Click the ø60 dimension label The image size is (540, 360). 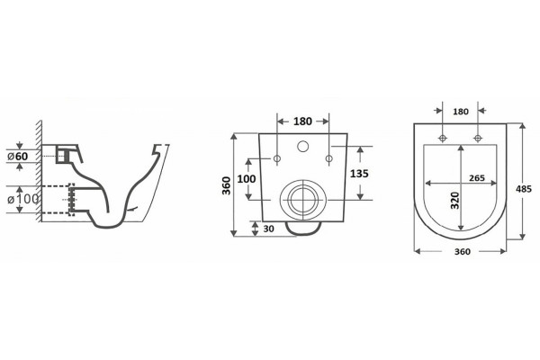[18, 156]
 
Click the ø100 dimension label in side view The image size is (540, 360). [23, 199]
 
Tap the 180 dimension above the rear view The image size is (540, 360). [302, 121]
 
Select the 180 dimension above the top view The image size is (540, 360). [461, 112]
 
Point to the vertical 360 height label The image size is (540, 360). [226, 185]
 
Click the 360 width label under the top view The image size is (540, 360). [463, 252]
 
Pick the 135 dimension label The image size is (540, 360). [359, 174]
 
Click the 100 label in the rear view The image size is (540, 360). [247, 179]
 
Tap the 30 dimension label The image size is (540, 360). [268, 229]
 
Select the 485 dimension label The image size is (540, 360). [524, 189]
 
